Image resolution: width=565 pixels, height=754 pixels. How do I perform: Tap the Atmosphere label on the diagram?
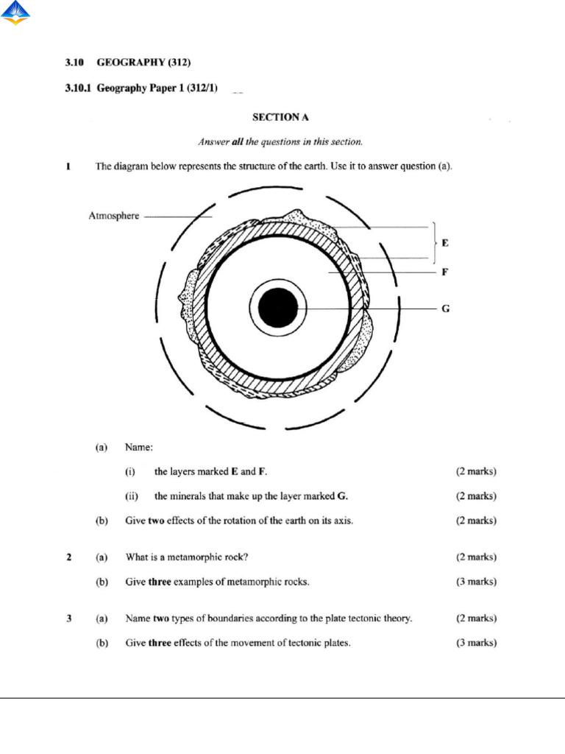coord(113,216)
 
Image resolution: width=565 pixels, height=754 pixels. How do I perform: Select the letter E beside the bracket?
coord(445,242)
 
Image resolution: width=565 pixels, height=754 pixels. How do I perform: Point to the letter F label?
coord(444,272)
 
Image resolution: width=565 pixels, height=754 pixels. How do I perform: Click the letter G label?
coord(445,309)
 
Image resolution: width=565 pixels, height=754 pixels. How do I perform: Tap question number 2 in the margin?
coord(69,557)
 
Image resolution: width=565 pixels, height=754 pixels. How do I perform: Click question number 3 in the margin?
coord(69,619)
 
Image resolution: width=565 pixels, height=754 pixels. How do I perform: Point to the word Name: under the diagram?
coord(139,446)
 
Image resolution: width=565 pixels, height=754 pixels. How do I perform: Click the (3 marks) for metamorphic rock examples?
coord(475,582)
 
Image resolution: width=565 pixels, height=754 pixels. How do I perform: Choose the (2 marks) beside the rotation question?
coord(475,521)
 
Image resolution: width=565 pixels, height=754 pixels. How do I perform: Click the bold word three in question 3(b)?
coord(160,643)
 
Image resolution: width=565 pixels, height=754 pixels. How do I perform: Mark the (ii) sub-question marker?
coord(132,496)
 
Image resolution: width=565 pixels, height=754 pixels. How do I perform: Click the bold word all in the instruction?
coord(238,141)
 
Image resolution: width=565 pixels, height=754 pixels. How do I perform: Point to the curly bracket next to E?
coord(436,242)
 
